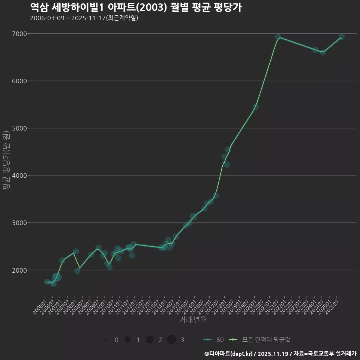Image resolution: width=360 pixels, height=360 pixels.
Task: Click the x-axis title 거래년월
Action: (x=193, y=320)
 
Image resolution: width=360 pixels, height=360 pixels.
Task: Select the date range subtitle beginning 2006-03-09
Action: (x=84, y=18)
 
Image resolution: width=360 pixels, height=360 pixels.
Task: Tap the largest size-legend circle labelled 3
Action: (x=171, y=340)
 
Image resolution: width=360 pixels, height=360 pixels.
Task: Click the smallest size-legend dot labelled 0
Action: (x=106, y=340)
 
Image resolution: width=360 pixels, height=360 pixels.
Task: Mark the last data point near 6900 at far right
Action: (x=342, y=37)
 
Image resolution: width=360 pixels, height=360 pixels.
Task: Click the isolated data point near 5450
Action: (x=255, y=107)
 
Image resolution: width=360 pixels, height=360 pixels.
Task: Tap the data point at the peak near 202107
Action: (x=278, y=37)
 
